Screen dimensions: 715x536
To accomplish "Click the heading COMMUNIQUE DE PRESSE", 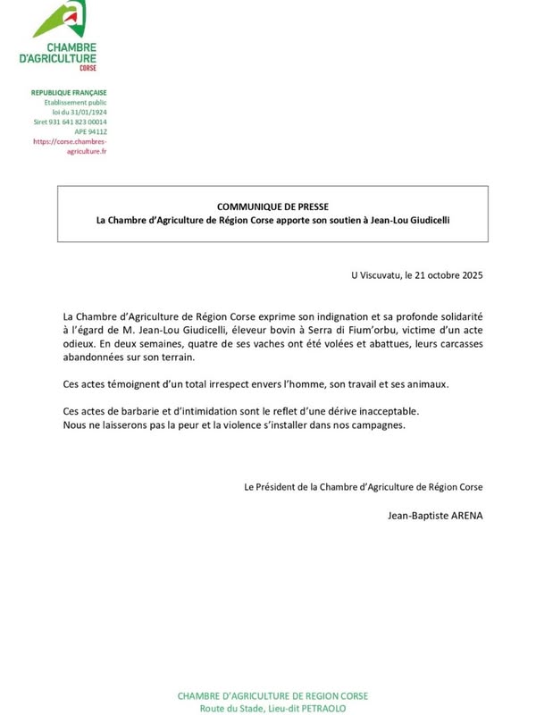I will (273, 206).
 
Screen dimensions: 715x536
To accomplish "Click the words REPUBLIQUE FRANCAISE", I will (69, 92).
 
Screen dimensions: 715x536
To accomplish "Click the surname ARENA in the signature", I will (464, 515).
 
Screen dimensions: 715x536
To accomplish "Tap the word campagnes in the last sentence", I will (379, 425).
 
